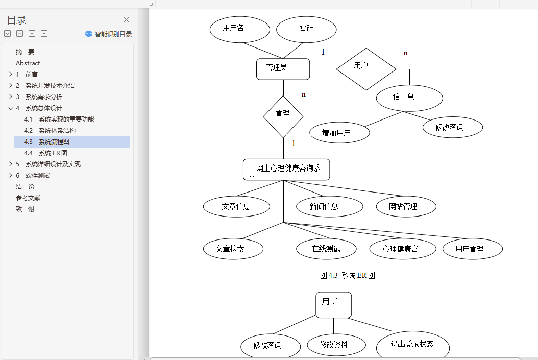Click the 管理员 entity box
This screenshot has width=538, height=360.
click(283, 69)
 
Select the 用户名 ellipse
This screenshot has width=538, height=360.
click(239, 29)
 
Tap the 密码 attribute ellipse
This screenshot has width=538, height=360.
click(306, 29)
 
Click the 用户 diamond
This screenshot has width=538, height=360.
click(366, 69)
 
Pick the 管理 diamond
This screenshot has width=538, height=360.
click(283, 116)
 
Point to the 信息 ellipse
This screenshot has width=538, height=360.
click(409, 98)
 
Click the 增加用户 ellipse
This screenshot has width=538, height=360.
click(339, 133)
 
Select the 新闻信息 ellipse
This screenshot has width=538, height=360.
click(329, 207)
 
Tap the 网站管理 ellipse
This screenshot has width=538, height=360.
click(406, 207)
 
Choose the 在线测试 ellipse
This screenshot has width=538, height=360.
click(326, 249)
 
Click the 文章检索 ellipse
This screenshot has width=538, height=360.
click(233, 249)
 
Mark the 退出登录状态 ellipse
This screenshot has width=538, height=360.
click(412, 346)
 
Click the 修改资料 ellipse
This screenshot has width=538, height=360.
click(336, 345)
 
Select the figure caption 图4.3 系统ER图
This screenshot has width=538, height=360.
click(348, 275)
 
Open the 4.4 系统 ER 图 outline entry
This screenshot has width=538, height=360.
click(53, 153)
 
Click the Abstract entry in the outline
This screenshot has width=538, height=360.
click(28, 63)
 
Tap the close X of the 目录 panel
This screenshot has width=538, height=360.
click(127, 20)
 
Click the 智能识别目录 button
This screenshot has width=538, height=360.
click(109, 34)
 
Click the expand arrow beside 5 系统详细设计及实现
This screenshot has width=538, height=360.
click(11, 164)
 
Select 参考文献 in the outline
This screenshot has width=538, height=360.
click(28, 198)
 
